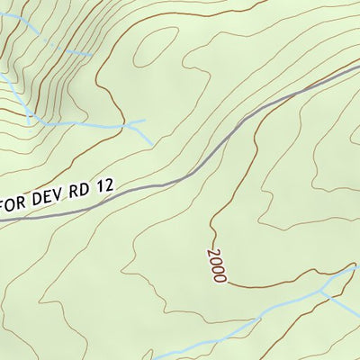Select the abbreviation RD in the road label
coord(82,194)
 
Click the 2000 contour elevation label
coord(216,265)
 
